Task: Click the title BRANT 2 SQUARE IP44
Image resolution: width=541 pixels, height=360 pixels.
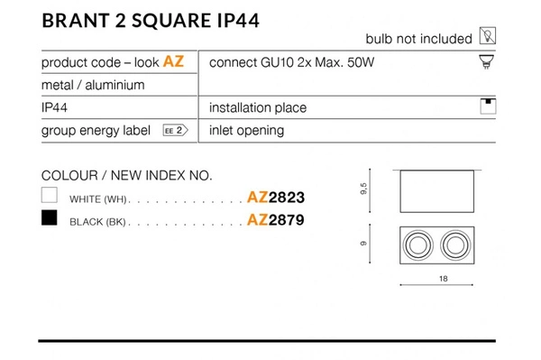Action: pos(151,21)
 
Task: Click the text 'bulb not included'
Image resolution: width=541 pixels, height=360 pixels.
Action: pos(418,39)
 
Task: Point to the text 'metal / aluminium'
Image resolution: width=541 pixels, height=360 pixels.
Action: pos(93,85)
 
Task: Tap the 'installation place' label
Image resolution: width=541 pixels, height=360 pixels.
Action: pos(257,107)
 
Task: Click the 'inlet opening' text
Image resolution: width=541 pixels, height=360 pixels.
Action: pos(246,130)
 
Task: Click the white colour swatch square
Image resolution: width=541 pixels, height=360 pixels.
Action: pos(50,195)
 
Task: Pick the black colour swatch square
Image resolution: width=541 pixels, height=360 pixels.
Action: pos(50,218)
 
